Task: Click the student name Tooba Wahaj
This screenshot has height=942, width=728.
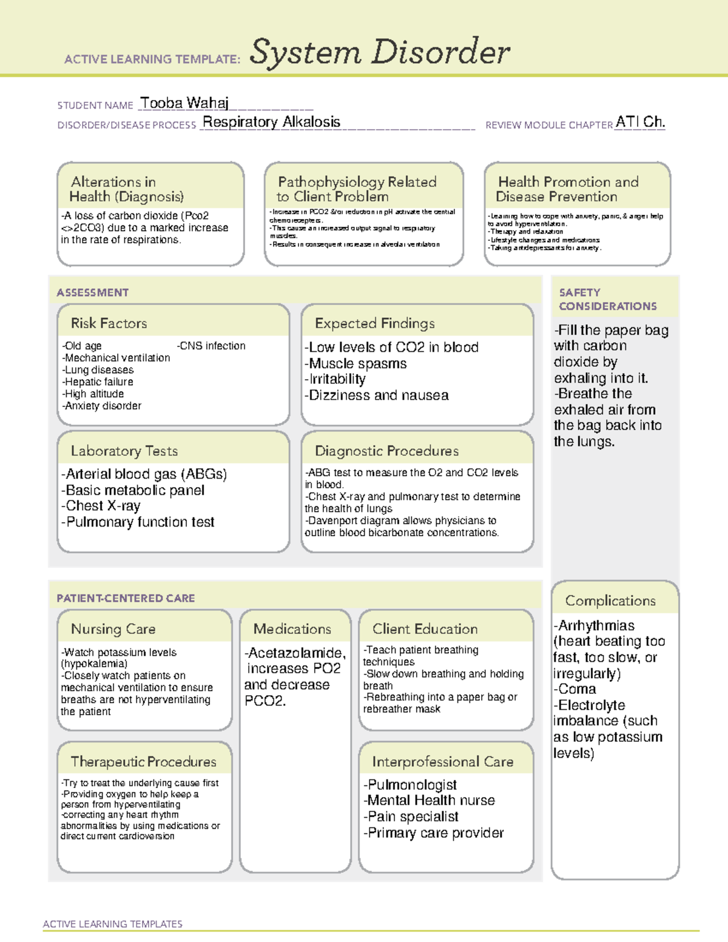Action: pos(184,103)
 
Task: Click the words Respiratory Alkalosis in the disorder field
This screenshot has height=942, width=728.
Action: pos(271,122)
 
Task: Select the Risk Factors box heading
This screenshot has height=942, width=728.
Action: pos(109,323)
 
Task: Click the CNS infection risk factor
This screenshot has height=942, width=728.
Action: pos(212,346)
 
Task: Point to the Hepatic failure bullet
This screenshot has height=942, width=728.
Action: pos(98,382)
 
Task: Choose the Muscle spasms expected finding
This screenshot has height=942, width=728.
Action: pos(357,363)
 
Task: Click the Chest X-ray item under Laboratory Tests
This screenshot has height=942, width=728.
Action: pos(102,506)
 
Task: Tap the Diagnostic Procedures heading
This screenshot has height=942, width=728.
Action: pos(386,451)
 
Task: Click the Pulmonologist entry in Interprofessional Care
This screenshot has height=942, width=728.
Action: pos(411,784)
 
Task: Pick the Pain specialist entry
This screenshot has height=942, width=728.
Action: pos(412,816)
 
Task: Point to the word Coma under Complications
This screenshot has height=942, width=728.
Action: pos(576,689)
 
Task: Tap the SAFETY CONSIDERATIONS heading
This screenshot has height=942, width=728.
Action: pos(607,299)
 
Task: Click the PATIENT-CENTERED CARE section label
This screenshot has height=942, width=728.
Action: pos(126,598)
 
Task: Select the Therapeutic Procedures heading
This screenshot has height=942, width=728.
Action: pos(143,761)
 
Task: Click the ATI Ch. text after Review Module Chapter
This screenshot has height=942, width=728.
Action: pos(640,122)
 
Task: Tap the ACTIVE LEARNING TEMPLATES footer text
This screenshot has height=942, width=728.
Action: pos(112,924)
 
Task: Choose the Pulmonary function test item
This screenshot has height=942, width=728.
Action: pos(139,522)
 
